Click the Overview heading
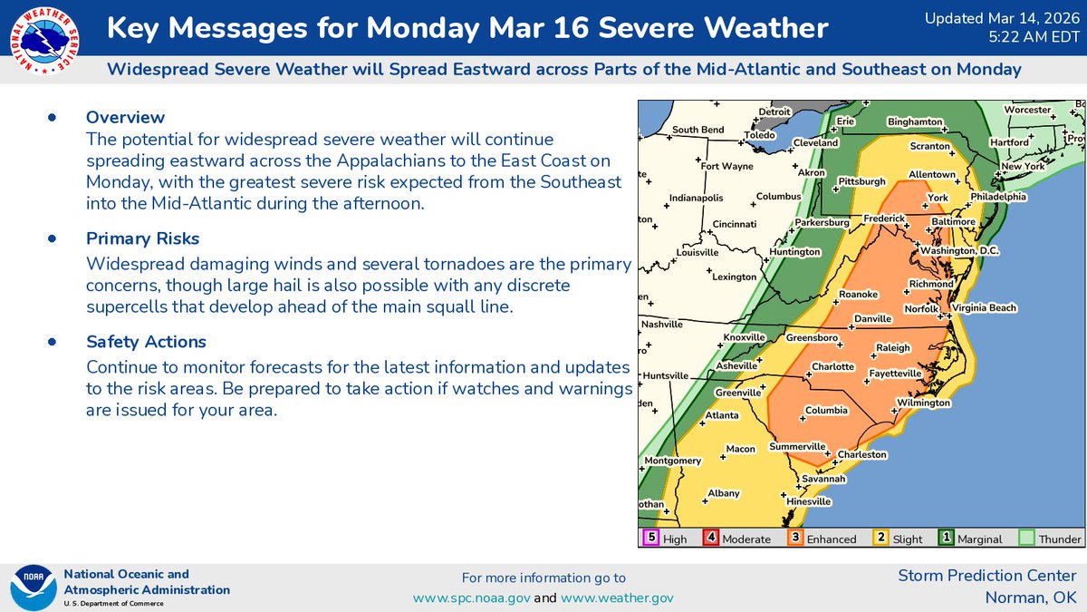pos(125,117)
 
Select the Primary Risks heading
pos(143,238)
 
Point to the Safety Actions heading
pos(146,342)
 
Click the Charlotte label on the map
pos(832,366)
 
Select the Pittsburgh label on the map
pos(861,181)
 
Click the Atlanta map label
pos(723,415)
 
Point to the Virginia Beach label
pos(984,308)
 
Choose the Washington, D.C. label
pos(958,250)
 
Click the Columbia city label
pos(826,410)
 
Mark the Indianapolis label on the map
pos(696,198)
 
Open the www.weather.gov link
pos(617,598)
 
